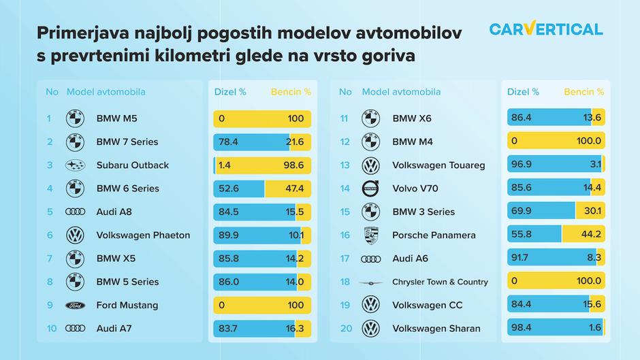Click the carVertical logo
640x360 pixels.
coord(545,29)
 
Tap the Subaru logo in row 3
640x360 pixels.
coord(74,165)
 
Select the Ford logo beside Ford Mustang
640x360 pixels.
coord(74,306)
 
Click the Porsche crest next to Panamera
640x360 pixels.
coord(370,235)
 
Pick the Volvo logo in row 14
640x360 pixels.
coord(370,189)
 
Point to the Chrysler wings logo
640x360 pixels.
coord(370,282)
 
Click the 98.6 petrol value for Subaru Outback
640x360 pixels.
coord(295,165)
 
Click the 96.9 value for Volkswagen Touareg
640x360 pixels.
coord(522,165)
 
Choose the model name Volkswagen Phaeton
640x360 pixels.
coord(143,235)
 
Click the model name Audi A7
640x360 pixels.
coord(114,329)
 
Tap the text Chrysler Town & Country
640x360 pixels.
coord(440,282)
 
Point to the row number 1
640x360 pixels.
coord(49,118)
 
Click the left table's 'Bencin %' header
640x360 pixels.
coord(291,92)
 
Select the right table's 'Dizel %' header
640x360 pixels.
coord(524,92)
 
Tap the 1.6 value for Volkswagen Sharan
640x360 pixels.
coord(594,329)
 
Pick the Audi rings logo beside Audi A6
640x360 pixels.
coord(370,259)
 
